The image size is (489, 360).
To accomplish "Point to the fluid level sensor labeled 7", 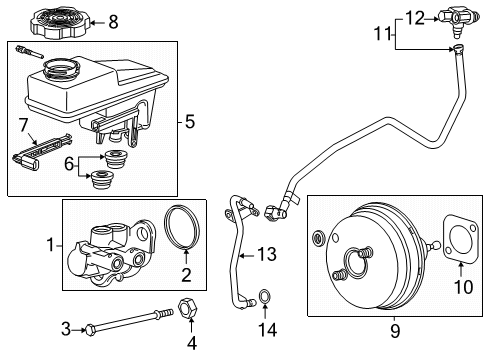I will [40, 147].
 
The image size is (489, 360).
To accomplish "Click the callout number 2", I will [185, 273].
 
